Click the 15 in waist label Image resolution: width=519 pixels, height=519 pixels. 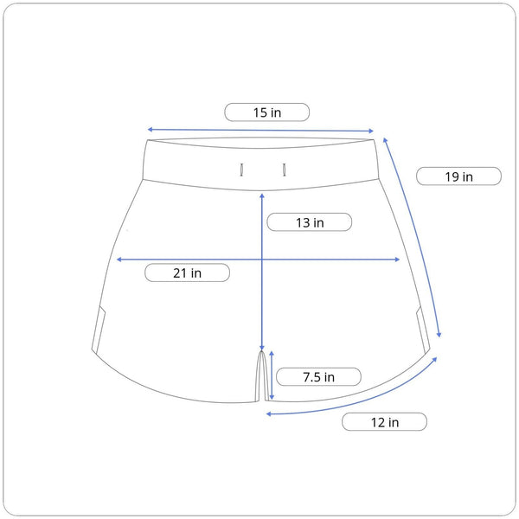coord(267,112)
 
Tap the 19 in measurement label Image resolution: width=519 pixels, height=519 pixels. coord(458,176)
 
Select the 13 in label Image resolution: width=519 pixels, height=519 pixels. coord(310,222)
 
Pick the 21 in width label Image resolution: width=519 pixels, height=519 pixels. coord(187,273)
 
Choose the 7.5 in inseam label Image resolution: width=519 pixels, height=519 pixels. coord(318,377)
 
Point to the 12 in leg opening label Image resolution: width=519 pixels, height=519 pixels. coord(385,422)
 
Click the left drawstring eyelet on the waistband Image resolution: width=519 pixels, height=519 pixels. coord(241,170)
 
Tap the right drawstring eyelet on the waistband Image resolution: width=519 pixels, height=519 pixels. coord(284,170)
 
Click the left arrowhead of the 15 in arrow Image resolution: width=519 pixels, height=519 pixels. coord(150,130)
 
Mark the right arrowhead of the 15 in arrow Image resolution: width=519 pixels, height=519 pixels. coord(371,131)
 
